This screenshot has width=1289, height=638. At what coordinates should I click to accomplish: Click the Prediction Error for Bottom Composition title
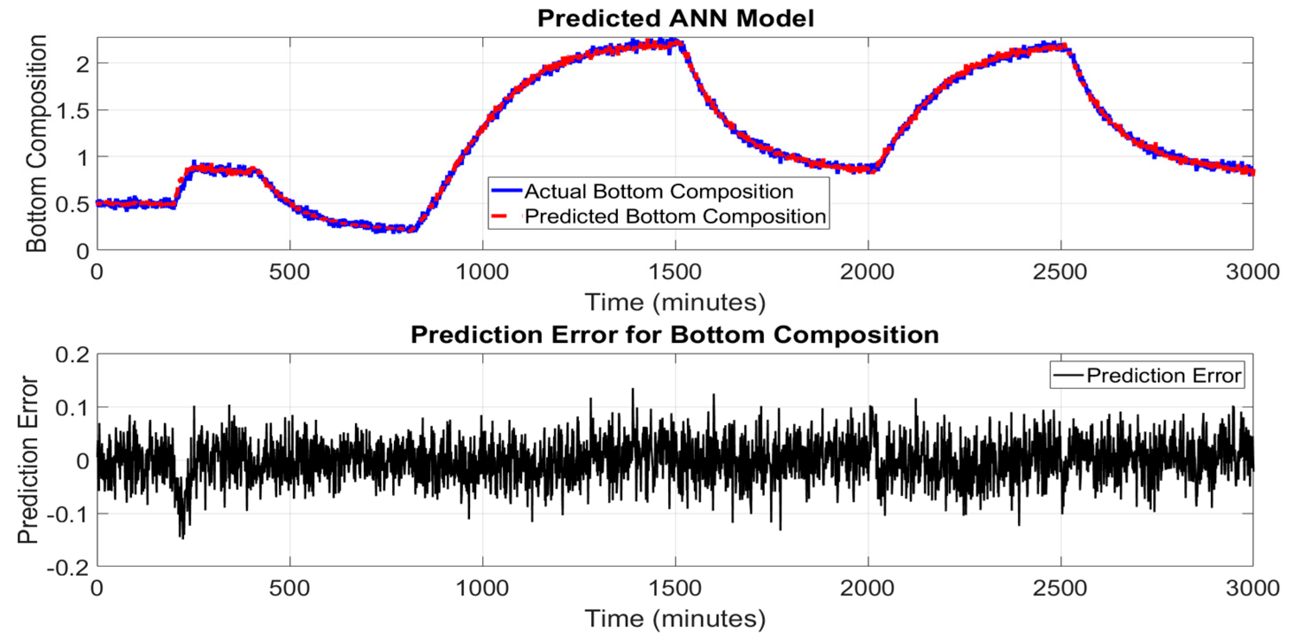pyautogui.click(x=674, y=335)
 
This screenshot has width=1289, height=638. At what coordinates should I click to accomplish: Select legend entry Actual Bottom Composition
pyautogui.click(x=658, y=191)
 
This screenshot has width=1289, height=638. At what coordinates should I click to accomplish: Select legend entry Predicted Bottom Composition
pyautogui.click(x=675, y=217)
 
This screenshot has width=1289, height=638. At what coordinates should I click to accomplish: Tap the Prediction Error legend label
pyautogui.click(x=1164, y=375)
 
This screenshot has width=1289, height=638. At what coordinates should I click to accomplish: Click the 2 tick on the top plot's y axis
pyautogui.click(x=83, y=65)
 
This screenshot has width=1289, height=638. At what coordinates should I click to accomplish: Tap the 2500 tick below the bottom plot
pyautogui.click(x=1060, y=588)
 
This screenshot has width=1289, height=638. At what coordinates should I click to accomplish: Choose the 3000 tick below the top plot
pyautogui.click(x=1252, y=272)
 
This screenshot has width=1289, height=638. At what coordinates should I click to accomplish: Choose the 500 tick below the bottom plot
pyautogui.click(x=289, y=588)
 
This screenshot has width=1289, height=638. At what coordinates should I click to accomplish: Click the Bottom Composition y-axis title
pyautogui.click(x=37, y=144)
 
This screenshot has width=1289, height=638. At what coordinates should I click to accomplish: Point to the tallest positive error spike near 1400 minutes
pyautogui.click(x=632, y=390)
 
